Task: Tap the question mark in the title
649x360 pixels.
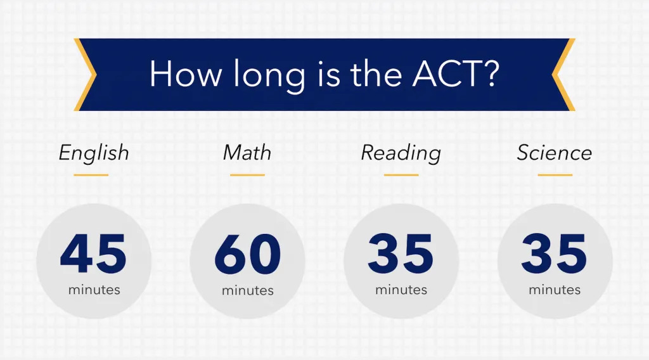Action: point(491,74)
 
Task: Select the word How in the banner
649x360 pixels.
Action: point(185,74)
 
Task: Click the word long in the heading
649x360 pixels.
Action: point(269,75)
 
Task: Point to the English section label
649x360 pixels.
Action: point(94,153)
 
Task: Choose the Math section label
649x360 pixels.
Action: point(247,152)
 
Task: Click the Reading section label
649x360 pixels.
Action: point(401,153)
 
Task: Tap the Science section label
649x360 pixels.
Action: point(554,152)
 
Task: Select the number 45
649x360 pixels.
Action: point(93,254)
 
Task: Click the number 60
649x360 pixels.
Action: point(248,254)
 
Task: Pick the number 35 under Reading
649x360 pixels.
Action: point(401,254)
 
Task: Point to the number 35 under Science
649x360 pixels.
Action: point(554,254)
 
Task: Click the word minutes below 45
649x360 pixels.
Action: point(94,290)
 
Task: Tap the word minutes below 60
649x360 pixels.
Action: point(248,290)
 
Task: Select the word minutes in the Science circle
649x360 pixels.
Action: point(555,290)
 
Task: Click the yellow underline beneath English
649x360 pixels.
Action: point(91,175)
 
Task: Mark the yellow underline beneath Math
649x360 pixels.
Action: point(248,175)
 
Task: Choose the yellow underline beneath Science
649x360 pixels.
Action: point(555,175)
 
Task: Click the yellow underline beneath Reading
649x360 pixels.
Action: point(401,175)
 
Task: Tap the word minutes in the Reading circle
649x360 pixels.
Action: point(401,290)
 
